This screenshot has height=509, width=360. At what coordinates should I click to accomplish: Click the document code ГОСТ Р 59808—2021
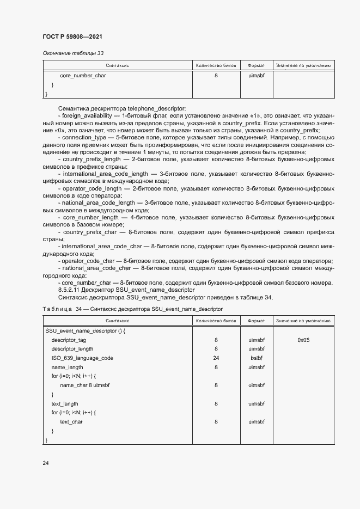click(x=72, y=36)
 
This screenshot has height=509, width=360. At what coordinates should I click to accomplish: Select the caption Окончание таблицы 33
click(x=73, y=53)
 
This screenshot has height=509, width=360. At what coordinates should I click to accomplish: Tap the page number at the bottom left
click(x=46, y=463)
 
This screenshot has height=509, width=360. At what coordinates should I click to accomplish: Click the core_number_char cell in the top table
click(x=83, y=76)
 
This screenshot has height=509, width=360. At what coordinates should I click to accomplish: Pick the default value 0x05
click(x=303, y=340)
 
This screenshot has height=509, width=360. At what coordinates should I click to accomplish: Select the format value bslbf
click(x=256, y=358)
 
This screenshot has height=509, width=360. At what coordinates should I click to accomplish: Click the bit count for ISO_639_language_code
click(x=216, y=358)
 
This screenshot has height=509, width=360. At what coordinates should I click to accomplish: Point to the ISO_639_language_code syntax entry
click(x=82, y=358)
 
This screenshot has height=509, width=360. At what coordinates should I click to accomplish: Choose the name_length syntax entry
click(x=67, y=367)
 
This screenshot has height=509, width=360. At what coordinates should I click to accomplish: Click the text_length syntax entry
click(x=65, y=404)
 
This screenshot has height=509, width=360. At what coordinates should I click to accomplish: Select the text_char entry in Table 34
click(x=71, y=422)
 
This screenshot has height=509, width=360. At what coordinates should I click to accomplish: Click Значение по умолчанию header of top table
click(x=303, y=65)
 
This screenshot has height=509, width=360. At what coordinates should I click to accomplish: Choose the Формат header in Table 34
click(x=256, y=321)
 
